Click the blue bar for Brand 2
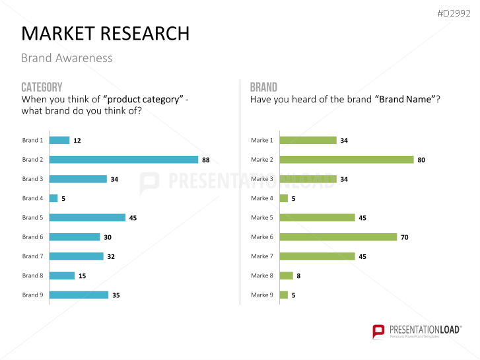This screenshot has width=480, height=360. [x=123, y=159]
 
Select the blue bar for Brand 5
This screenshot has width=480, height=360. [x=87, y=217]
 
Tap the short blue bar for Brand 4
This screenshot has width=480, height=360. [x=53, y=198]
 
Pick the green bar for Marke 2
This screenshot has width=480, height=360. [x=347, y=159]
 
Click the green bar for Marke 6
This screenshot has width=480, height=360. [x=338, y=236]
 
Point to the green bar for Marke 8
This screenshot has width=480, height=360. [x=286, y=275]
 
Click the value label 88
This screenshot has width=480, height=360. [x=206, y=159]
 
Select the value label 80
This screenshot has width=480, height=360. [x=421, y=159]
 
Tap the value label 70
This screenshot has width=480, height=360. [x=405, y=236]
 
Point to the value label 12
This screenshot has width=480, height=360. [x=77, y=140]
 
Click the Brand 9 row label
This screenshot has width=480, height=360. [x=32, y=295]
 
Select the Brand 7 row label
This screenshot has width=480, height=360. [x=32, y=256]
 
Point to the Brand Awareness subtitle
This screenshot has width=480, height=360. [x=67, y=58]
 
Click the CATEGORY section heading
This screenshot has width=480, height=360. [x=42, y=87]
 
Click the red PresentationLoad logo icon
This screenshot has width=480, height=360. [x=378, y=330]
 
